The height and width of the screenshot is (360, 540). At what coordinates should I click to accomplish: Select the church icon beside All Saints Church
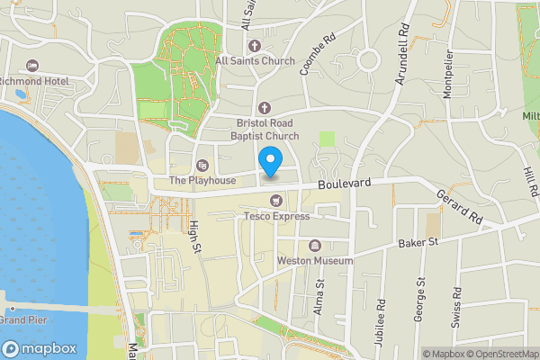coord(254,46)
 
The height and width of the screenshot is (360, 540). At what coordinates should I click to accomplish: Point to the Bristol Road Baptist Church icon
coord(265,108)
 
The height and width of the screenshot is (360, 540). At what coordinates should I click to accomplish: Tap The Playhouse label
coord(202,180)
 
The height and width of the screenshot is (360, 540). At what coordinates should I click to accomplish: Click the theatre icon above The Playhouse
coord(202,165)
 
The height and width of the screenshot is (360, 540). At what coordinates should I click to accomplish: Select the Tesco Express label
coord(276,216)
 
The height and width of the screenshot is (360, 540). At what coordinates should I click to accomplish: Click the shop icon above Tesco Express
coord(276,200)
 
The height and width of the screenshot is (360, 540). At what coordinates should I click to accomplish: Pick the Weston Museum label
coord(314,260)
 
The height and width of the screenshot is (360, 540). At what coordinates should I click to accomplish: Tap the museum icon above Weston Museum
coord(315,245)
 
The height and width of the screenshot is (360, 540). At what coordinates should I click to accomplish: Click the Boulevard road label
coord(345,184)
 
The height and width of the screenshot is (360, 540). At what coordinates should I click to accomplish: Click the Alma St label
coord(319,294)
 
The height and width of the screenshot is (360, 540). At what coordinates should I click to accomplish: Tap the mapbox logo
coord(40,348)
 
